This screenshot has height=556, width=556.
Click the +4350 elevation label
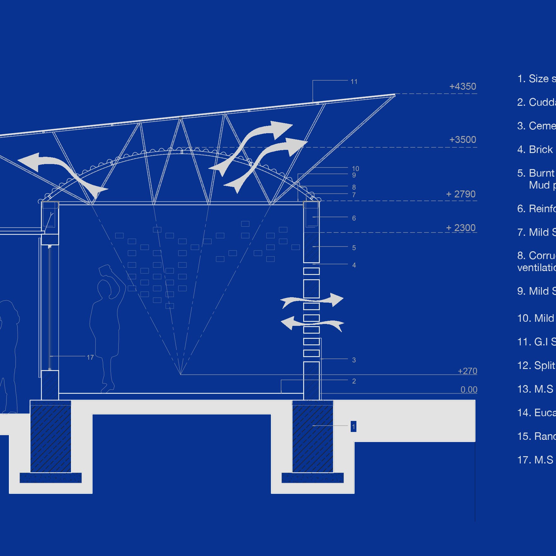tap(462, 87)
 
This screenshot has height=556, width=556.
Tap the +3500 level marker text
tap(462, 140)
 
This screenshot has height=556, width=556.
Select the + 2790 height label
tap(461, 194)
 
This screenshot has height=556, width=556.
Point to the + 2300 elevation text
tap(461, 228)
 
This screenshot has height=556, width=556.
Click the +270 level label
tap(467, 371)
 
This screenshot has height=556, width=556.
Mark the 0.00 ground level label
tap(469, 390)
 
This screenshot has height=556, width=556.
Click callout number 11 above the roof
tap(354, 82)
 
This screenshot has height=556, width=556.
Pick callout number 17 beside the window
tap(90, 358)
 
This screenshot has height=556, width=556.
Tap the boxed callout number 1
tap(354, 427)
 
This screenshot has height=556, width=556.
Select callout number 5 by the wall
tap(354, 248)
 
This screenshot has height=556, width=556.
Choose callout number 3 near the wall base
tap(354, 360)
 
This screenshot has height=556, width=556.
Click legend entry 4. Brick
tap(535, 150)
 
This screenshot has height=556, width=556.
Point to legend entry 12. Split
tap(536, 366)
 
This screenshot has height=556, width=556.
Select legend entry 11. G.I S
tap(536, 342)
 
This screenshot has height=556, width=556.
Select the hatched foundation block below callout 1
tap(312, 438)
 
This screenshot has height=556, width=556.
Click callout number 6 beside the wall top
tap(354, 218)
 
